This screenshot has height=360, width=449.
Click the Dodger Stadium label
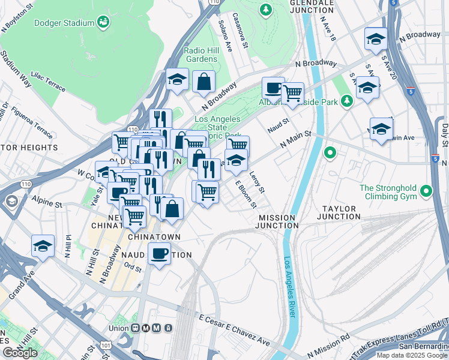pyautogui.click(x=65, y=23)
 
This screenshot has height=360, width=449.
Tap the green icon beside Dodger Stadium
pyautogui.click(x=104, y=23)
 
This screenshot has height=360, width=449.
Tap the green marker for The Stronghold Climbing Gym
pyautogui.click(x=426, y=192)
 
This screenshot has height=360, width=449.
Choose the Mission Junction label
pyautogui.click(x=276, y=221)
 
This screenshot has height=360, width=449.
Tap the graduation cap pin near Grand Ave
pyautogui.click(x=43, y=246)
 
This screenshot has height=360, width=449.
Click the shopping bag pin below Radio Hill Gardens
pyautogui.click(x=204, y=82)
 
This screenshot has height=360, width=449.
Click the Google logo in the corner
pyautogui.click(x=20, y=353)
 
